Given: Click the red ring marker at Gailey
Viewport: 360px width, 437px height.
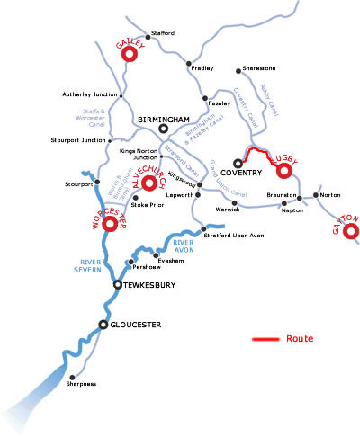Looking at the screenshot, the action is point(128,55).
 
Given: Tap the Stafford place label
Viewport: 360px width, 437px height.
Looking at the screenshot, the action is point(162,33).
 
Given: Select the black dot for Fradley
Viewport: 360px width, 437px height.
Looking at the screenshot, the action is point(188,63).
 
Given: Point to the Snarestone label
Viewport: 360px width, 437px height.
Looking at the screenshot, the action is point(260,68).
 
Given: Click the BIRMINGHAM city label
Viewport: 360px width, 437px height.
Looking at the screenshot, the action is point(163,118).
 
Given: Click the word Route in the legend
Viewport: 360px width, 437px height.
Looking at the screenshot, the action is point(299,339).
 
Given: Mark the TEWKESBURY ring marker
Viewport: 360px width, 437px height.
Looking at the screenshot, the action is point(117,284).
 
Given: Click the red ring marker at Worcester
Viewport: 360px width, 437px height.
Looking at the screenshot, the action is point(111,224).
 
